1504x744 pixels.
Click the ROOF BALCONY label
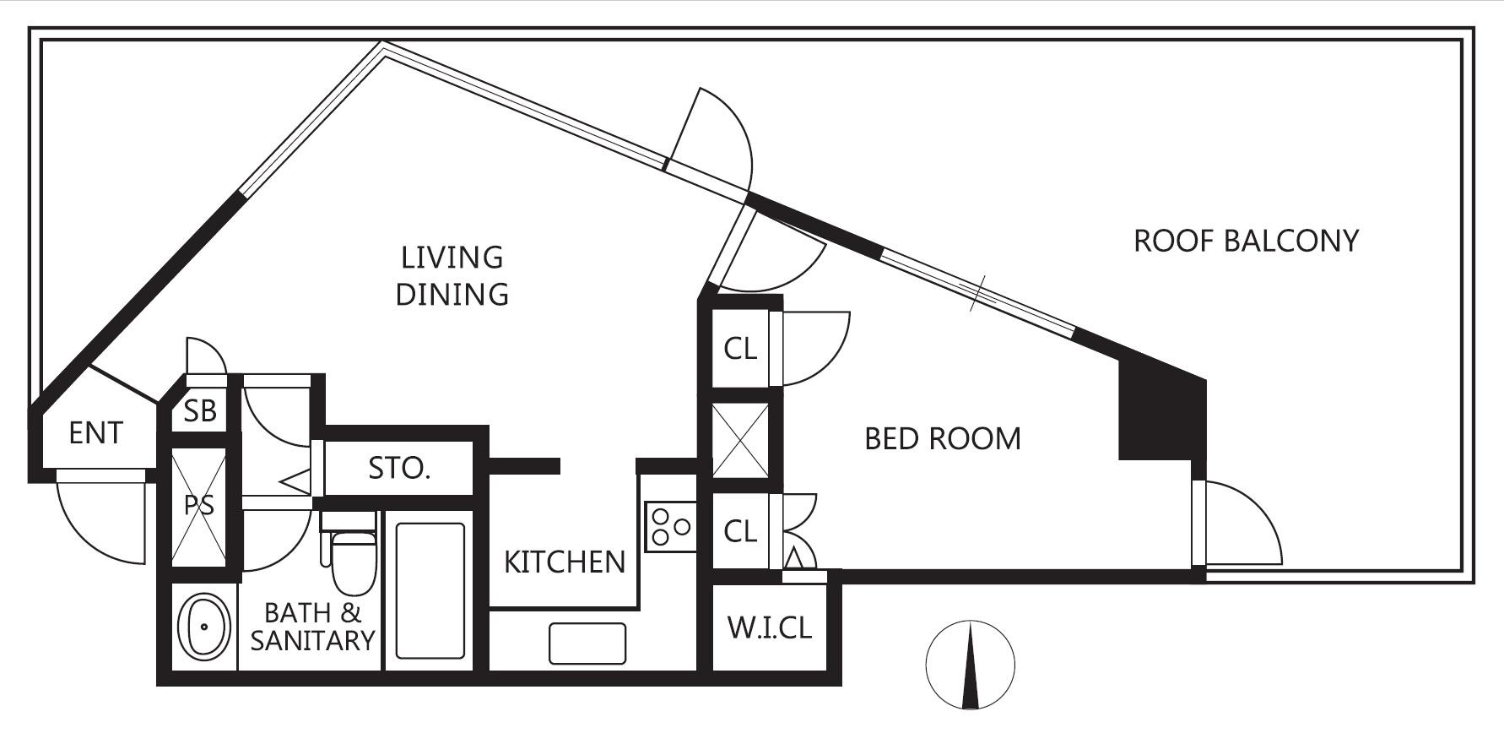click(1246, 242)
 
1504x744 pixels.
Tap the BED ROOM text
click(943, 438)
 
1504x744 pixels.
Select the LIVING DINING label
click(452, 275)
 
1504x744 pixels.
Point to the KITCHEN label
click(565, 562)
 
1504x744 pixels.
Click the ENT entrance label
click(95, 433)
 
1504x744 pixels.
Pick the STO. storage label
click(399, 468)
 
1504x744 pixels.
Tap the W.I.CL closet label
click(770, 627)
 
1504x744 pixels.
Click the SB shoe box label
click(200, 411)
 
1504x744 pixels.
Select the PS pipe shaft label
click(199, 505)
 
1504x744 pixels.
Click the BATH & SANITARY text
click(312, 627)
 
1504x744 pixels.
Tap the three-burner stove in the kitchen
click(671, 527)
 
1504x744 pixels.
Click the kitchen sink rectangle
click(587, 644)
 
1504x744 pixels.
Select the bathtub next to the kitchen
click(430, 590)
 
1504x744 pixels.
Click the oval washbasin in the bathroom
click(203, 627)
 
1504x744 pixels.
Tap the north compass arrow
click(971, 665)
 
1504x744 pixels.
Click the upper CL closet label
click(740, 349)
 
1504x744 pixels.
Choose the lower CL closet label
click(740, 532)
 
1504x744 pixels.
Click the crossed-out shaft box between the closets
click(740, 441)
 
